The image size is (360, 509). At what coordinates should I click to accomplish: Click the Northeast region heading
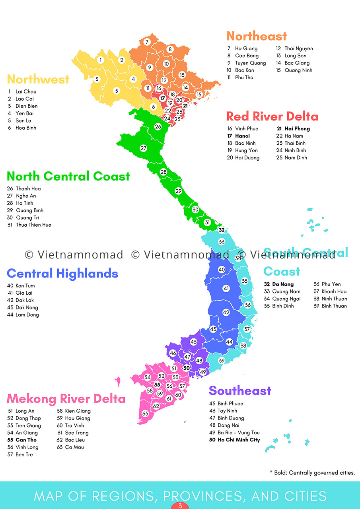coord(257,36)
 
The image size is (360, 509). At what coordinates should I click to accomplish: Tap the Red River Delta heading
coord(272,117)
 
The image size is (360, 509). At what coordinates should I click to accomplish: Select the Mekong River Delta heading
coord(66,398)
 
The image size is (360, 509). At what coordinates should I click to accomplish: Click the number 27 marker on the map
coord(143,148)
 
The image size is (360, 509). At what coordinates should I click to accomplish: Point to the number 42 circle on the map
coord(226,313)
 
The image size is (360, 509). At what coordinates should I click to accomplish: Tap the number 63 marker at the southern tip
coord(145,414)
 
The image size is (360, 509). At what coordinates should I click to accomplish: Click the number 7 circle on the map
coord(147,42)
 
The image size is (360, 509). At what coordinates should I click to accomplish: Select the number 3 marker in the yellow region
coord(97,79)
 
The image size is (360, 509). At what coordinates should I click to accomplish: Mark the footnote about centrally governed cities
coord(312,473)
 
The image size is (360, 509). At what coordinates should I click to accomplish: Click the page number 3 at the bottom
coord(180,506)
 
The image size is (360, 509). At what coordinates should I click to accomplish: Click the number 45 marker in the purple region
coord(193,342)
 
